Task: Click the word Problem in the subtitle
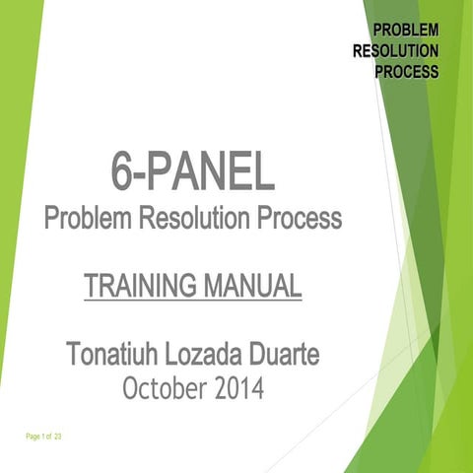click(x=83, y=218)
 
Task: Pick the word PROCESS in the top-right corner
click(x=406, y=72)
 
